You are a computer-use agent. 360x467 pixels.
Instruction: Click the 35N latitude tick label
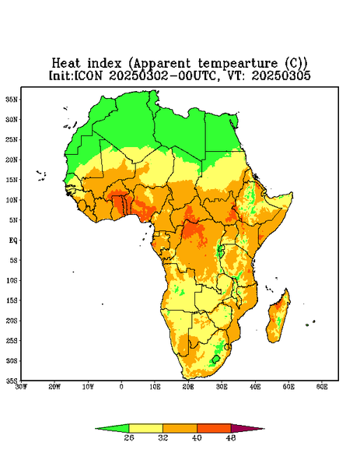pos(12,100)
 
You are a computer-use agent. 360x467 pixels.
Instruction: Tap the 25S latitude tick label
pos(12,341)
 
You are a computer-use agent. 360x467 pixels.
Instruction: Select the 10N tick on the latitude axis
pos(12,200)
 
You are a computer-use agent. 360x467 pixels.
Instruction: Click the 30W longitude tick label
pos(22,387)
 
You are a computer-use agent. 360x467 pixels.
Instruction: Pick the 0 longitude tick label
pos(121,387)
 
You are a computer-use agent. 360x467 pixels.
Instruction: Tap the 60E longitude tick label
pos(322,387)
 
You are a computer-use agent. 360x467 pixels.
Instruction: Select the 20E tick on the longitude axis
pos(188,387)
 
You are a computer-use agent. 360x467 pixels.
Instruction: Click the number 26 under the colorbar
pos(129,437)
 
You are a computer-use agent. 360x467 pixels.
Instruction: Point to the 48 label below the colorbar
pos(231,437)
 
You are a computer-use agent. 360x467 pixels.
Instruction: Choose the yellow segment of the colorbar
pos(145,428)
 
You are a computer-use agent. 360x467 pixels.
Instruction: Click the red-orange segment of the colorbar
pos(214,428)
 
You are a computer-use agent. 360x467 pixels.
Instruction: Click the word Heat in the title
pos(66,64)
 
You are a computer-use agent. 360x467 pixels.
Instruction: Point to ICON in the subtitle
pos(88,75)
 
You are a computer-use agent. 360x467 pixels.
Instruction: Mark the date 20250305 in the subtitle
pos(281,75)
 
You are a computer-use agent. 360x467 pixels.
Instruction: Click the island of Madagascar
pos(278,318)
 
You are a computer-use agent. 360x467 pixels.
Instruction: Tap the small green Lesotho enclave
pos(216,359)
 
